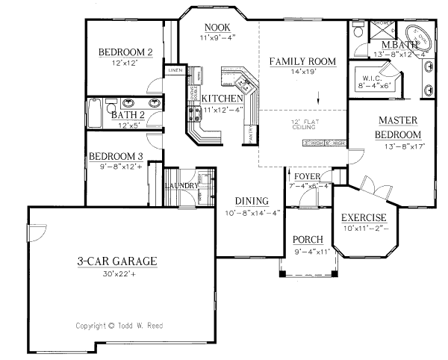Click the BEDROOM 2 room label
point(126,52)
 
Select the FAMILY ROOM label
point(302,60)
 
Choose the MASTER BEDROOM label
point(396,127)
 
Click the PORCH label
point(308,239)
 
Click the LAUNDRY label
point(181,185)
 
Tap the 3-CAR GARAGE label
point(116,261)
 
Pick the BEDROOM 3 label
point(116,156)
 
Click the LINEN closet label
point(175,70)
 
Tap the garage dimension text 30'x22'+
point(116,274)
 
